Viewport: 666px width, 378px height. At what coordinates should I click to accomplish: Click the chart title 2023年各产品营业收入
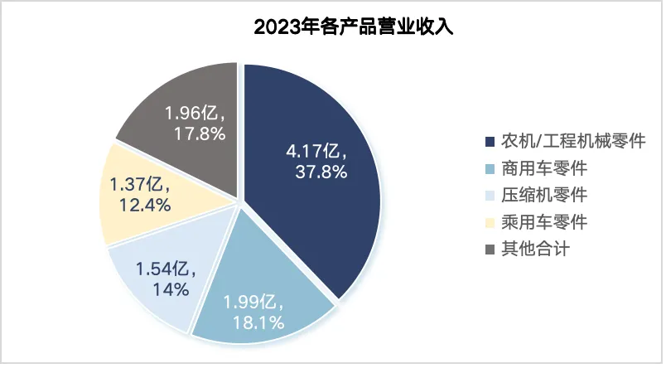coord(353,27)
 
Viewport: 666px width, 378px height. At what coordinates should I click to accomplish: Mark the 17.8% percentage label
coord(200,133)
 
